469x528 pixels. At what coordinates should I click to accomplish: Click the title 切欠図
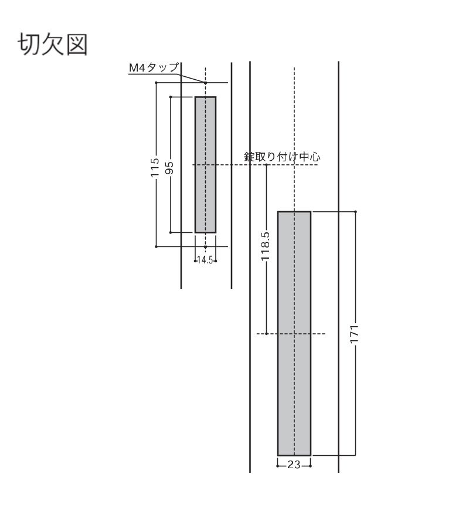coord(53,44)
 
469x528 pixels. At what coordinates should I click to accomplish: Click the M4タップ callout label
coord(154,67)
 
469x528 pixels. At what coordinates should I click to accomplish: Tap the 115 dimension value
coord(154,168)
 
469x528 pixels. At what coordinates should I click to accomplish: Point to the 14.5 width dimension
coord(205,260)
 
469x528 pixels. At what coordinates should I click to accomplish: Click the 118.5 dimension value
coord(266,246)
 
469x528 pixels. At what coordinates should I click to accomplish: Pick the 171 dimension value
coord(354,334)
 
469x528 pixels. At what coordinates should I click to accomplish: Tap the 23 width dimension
coord(294,465)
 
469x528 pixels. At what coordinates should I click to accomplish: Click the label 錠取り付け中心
coord(282,157)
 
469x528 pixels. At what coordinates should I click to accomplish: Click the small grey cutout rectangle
coord(206,165)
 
